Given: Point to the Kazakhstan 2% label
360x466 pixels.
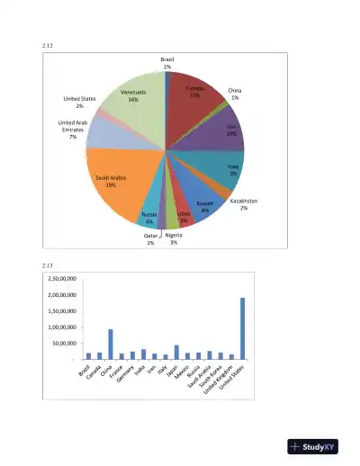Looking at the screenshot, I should tap(244, 204).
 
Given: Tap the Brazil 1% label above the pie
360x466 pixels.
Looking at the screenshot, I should tap(167, 62).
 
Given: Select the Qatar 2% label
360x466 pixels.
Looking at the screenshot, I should tap(150, 239).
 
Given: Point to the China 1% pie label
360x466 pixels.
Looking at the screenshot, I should tap(235, 94).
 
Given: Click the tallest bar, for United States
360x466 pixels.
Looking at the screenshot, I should tap(243, 328).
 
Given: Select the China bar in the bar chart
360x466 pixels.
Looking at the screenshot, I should tap(111, 345).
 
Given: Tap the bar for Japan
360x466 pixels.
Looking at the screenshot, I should tap(176, 352).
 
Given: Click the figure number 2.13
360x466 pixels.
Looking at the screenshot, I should tap(48, 264).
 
